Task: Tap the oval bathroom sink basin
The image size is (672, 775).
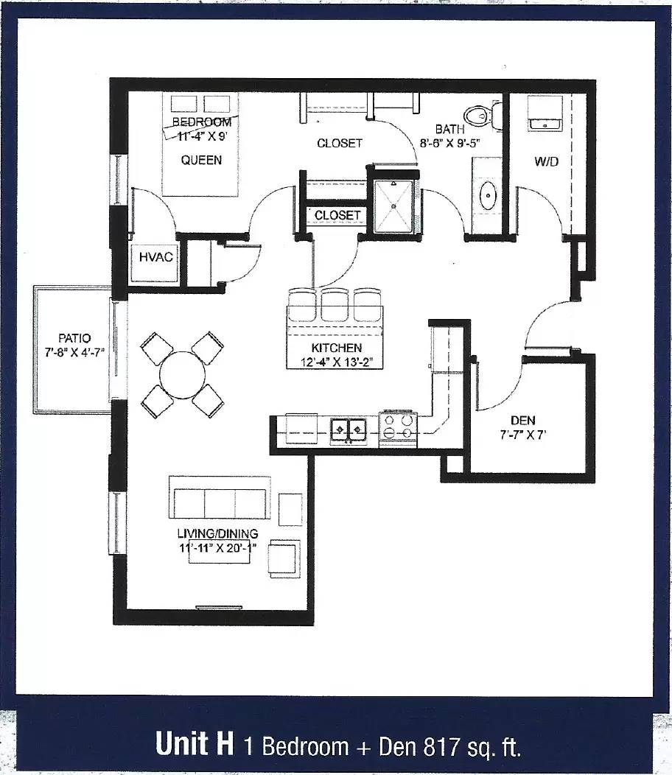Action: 489,195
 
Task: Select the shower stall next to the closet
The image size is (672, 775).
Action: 393,206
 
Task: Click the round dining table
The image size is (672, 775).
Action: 183,375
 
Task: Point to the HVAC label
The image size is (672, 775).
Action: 155,257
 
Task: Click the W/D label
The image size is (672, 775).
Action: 547,161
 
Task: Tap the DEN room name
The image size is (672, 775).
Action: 522,421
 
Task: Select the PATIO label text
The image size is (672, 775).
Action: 74,339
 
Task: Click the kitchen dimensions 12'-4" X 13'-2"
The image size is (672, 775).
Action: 336,362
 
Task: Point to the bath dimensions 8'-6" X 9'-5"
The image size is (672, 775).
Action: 450,144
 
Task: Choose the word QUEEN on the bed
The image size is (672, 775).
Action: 201,160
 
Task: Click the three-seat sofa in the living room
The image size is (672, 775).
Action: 220,498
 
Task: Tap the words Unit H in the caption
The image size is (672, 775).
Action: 195,743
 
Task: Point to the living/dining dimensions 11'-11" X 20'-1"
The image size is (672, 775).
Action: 217,548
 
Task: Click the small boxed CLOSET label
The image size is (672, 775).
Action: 337,216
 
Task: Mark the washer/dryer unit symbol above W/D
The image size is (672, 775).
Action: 545,113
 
